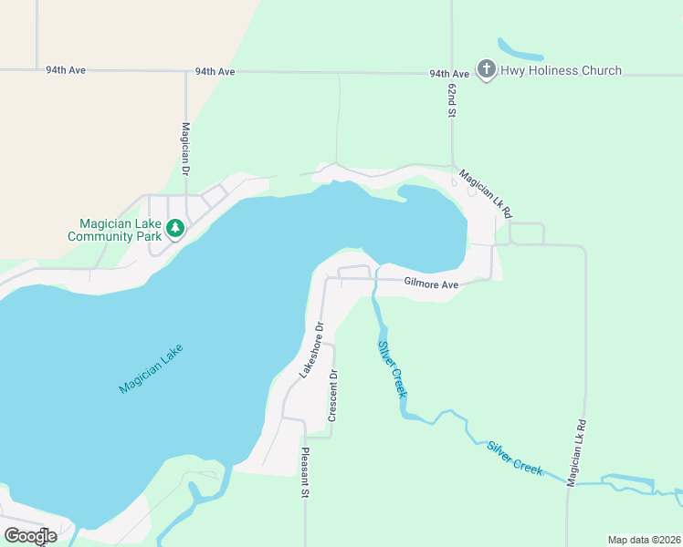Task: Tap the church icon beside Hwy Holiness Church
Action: click(486, 70)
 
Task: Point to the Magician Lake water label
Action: click(151, 368)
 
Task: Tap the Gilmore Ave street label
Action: click(431, 284)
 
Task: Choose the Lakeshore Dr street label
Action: click(312, 349)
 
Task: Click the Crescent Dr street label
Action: click(334, 395)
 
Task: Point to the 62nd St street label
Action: click(452, 98)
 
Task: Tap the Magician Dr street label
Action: click(185, 150)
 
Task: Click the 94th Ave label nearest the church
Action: click(448, 73)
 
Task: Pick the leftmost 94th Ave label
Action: click(67, 69)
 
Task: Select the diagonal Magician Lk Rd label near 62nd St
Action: click(486, 193)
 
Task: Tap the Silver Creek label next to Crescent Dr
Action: click(392, 368)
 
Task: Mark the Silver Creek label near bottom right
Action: click(515, 459)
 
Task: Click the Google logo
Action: click(30, 536)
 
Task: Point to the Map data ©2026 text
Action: click(643, 540)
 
